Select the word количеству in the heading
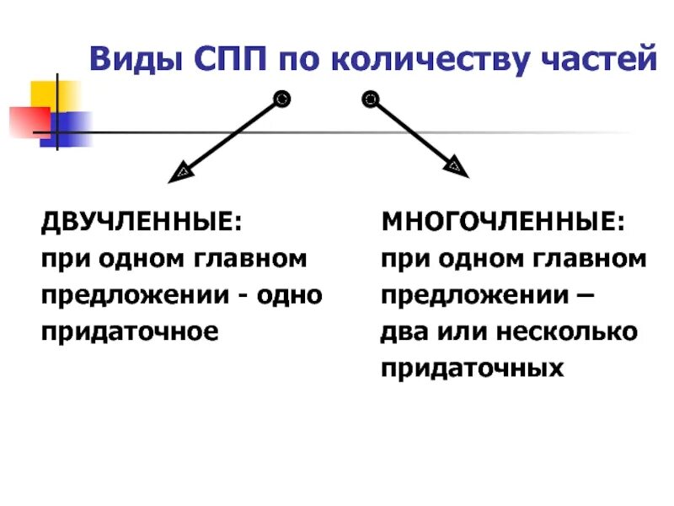point(415,59)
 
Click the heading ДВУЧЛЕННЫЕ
point(141,223)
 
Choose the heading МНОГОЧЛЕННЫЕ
point(503,223)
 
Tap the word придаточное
point(131,331)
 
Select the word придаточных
point(472,369)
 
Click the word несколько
point(566,331)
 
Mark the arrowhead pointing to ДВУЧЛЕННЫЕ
point(181,173)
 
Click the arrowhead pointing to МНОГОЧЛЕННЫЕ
point(456,164)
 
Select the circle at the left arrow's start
point(282,100)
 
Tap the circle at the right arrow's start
point(370,100)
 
